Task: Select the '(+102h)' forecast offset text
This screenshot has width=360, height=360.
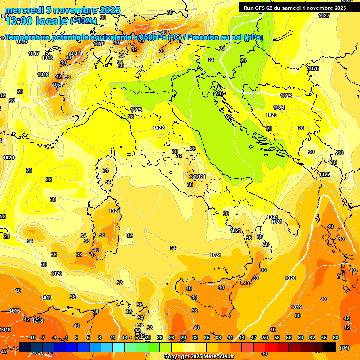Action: click(x=83, y=21)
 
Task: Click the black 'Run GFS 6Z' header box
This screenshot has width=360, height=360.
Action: click(x=295, y=8)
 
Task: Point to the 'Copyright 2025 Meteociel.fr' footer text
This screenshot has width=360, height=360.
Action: click(x=199, y=357)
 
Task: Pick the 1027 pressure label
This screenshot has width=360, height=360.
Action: click(x=324, y=15)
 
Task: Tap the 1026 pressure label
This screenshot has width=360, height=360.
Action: click(x=313, y=69)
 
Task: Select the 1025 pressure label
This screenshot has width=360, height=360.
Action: click(x=286, y=96)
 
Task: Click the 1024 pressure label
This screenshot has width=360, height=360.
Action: click(x=279, y=107)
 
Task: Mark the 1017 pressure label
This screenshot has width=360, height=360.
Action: click(x=34, y=53)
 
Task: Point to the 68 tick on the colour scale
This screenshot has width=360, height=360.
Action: click(x=336, y=338)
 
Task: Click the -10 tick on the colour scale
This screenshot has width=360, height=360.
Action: click(x=32, y=338)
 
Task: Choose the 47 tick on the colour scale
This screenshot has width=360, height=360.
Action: click(x=254, y=338)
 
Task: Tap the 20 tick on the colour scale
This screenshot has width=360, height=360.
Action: click(x=148, y=338)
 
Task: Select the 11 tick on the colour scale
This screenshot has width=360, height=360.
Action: click(x=113, y=338)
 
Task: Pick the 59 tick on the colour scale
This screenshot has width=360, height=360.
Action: click(x=300, y=338)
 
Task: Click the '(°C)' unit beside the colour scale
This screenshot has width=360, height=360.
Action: click(x=344, y=348)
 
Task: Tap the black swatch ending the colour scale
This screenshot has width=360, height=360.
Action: click(x=330, y=347)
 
